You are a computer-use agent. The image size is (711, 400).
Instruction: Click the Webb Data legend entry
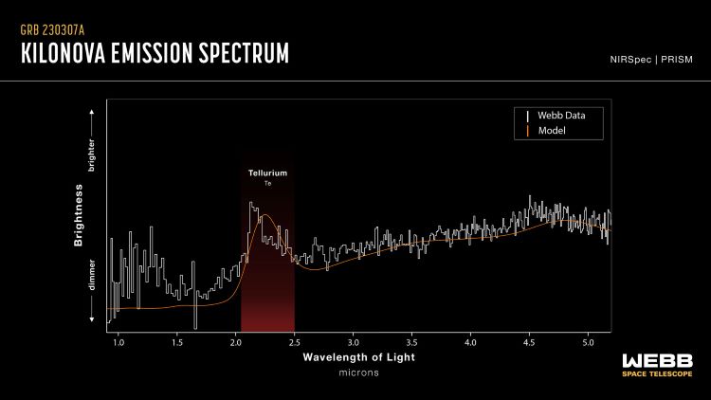pos(561,115)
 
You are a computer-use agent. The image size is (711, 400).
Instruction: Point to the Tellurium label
pos(267,173)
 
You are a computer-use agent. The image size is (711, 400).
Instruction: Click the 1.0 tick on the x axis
pos(118,341)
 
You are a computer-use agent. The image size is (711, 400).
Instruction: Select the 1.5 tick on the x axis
pos(177,341)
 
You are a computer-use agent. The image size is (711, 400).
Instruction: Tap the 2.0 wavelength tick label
pos(236,341)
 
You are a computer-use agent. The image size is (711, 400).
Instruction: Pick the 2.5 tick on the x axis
pos(295,341)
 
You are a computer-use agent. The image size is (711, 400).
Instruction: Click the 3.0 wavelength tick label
pos(354,341)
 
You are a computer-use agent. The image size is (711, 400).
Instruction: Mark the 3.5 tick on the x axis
pos(412,341)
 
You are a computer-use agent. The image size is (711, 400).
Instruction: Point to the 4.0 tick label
pos(471,341)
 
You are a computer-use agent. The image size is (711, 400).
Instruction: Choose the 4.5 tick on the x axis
pos(529,341)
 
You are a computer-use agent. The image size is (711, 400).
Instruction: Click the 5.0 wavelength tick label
pos(588,341)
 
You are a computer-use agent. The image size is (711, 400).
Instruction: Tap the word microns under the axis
pos(359,373)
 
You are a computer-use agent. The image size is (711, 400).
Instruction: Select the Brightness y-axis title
pos(80,217)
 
